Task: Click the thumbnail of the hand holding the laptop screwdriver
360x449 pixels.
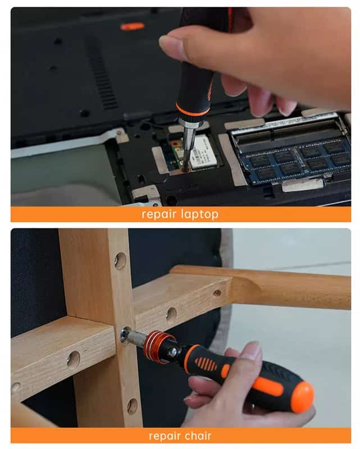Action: (174, 44)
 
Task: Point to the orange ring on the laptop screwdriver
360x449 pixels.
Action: (193, 111)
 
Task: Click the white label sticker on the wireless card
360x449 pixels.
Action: (204, 152)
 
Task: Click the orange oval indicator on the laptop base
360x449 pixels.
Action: (133, 26)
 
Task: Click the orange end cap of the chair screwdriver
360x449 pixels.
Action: (302, 397)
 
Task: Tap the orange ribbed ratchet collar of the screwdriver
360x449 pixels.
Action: (156, 346)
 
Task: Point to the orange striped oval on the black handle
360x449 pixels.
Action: (206, 364)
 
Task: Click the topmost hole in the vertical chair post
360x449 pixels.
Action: (121, 260)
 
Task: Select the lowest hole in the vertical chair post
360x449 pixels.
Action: (133, 406)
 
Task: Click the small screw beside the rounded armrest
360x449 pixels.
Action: (217, 292)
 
